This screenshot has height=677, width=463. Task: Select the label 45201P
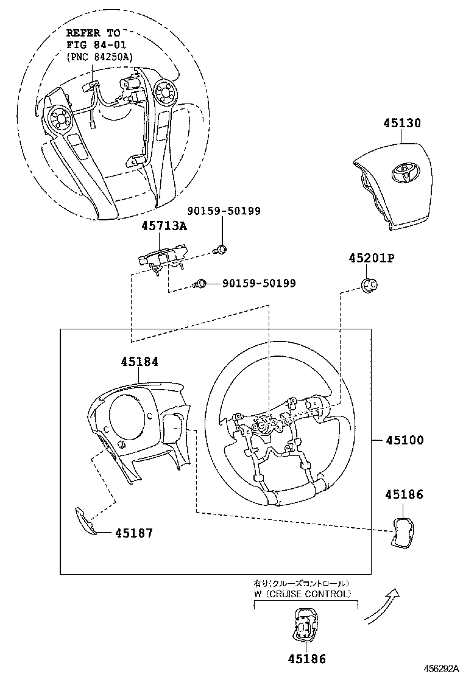pos(372,259)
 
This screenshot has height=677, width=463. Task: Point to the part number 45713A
pos(164,226)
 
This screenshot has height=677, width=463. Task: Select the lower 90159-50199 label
pos(258,283)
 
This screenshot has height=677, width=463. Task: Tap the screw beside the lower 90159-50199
pos(200,283)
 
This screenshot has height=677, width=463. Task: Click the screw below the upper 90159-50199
pos(222,248)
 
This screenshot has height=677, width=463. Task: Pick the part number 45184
pos(139,362)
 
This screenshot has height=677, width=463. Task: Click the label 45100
pos(404,440)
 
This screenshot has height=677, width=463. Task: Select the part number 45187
pos(133,533)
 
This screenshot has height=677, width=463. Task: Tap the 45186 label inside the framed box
pos(404,495)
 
